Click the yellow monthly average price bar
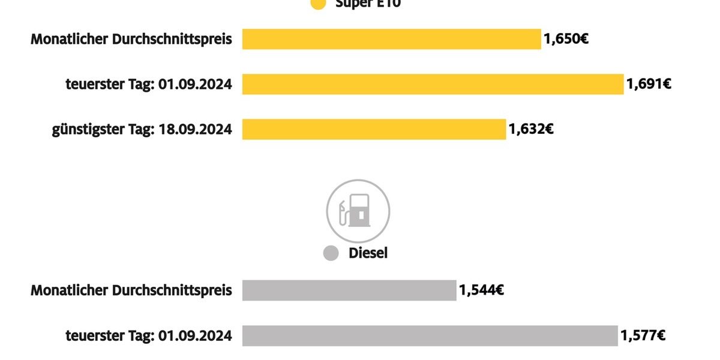tap(391, 40)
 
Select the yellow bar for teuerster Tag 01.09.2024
tap(433, 84)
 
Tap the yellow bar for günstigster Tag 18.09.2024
tap(374, 129)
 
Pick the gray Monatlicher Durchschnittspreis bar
tap(349, 290)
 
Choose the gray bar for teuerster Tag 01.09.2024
tap(430, 336)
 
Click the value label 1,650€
tap(566, 40)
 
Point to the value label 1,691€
tap(649, 84)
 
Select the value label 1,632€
tap(531, 129)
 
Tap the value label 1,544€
tap(481, 290)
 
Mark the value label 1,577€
tap(643, 336)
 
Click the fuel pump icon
tap(358, 211)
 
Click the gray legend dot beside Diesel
tap(331, 253)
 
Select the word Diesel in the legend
tap(368, 253)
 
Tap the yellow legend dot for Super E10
tap(319, 4)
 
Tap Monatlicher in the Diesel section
tap(68, 290)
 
